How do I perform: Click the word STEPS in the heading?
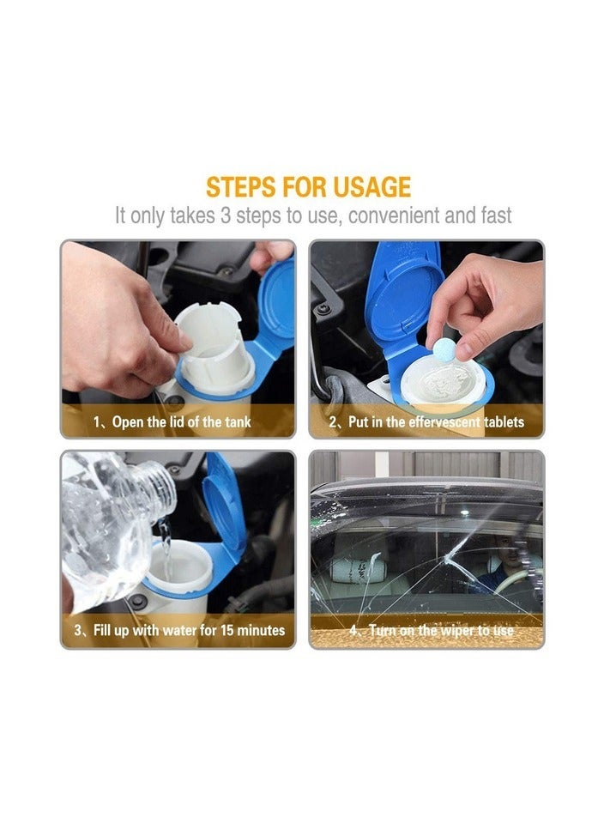(x=240, y=187)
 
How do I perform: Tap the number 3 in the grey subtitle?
(x=226, y=215)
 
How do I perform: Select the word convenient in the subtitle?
(x=394, y=215)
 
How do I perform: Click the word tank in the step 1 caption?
(x=238, y=421)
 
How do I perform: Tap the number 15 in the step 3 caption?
(x=226, y=630)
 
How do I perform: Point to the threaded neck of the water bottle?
(x=155, y=488)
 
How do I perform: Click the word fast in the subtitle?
(x=496, y=215)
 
